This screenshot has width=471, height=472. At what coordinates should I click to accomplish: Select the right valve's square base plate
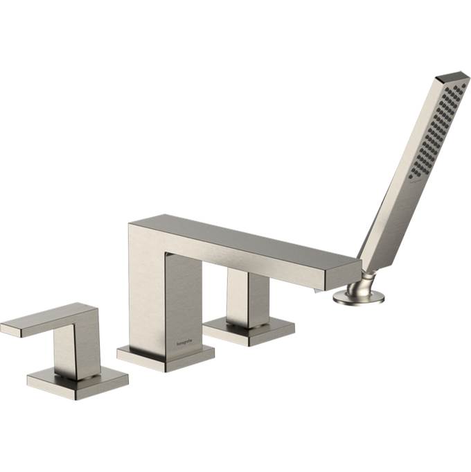click(x=249, y=331)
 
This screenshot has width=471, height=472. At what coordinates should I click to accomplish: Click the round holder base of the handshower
click(x=358, y=297)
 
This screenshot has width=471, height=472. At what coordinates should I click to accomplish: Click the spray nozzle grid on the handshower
click(x=432, y=132)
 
